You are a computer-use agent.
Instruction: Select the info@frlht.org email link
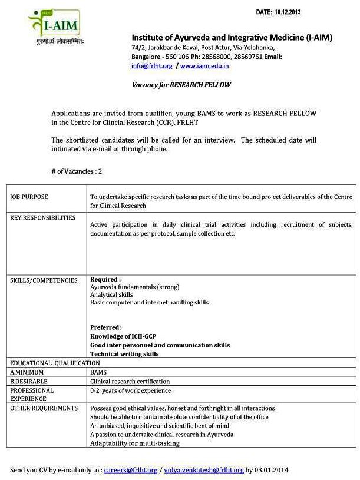[x=152, y=66]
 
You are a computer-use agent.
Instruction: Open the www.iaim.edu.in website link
[x=204, y=66]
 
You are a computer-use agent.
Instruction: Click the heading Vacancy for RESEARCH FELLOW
[x=181, y=85]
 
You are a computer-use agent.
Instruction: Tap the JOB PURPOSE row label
[x=29, y=197]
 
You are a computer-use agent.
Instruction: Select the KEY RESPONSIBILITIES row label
[x=43, y=218]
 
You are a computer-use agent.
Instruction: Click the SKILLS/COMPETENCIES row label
[x=44, y=280]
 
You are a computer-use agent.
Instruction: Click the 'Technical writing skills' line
[x=124, y=354]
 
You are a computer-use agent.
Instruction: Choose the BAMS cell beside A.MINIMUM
[x=98, y=372]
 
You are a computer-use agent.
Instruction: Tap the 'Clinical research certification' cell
[x=130, y=382]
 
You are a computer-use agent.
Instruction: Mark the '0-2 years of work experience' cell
[x=130, y=390]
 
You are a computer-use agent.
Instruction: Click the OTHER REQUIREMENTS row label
[x=44, y=408]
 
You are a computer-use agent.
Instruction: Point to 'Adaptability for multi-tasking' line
[x=135, y=443]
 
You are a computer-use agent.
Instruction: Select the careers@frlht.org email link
[x=131, y=470]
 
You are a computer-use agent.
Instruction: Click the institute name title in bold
[x=232, y=38]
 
